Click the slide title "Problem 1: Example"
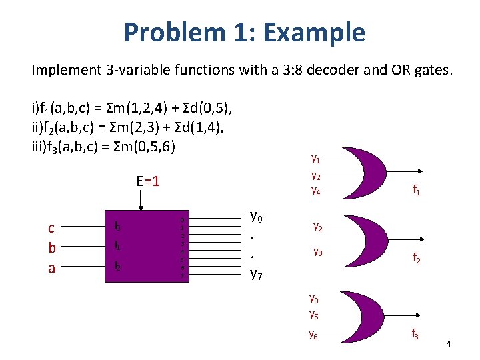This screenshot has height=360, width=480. [244, 32]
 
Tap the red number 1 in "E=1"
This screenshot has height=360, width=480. [155, 181]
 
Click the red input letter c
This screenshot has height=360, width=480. [51, 228]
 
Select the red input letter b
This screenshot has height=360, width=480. [51, 248]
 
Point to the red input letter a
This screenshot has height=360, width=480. [51, 267]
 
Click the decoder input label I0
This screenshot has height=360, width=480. [117, 227]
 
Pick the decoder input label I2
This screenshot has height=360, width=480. [117, 267]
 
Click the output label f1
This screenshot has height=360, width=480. [417, 191]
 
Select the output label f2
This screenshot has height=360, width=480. [416, 257]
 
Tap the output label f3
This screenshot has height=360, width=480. [415, 334]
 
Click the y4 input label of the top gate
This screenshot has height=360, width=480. [316, 191]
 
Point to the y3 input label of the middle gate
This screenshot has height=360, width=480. [318, 253]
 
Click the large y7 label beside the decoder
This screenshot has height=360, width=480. [256, 273]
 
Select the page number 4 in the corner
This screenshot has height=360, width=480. [449, 344]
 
